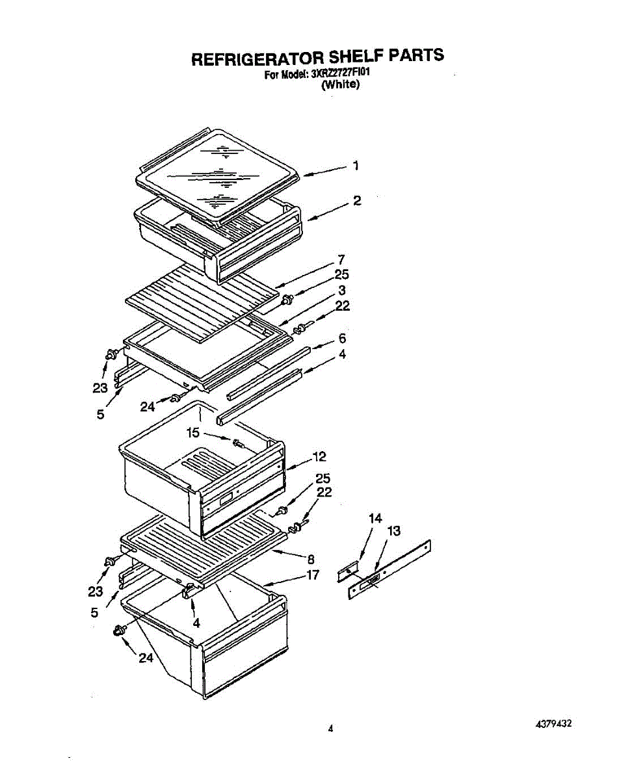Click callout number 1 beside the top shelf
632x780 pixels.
(356, 166)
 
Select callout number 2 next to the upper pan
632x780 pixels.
(356, 201)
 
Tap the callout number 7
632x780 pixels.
(341, 259)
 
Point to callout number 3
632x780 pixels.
(341, 290)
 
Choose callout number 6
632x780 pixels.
(342, 339)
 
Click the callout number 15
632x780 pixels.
(192, 432)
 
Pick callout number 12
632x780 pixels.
(319, 456)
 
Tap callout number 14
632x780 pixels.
(375, 518)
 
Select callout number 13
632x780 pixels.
(393, 531)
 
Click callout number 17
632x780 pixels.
(313, 575)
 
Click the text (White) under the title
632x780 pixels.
(341, 84)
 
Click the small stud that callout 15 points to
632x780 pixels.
(237, 443)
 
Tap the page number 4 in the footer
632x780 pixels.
(330, 729)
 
